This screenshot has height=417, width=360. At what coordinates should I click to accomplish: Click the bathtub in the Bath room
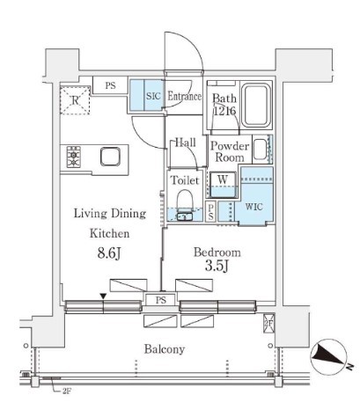[x=257, y=104]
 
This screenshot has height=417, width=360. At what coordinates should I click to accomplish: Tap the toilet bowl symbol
[x=185, y=200]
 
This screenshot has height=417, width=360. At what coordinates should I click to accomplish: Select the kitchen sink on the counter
[x=110, y=157]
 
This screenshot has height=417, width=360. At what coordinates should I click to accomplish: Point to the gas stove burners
[x=74, y=157]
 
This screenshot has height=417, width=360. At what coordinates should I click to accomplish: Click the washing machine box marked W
[x=223, y=184]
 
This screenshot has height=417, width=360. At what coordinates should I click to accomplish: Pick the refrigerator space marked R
[x=75, y=100]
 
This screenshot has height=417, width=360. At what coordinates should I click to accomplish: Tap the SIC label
[x=153, y=96]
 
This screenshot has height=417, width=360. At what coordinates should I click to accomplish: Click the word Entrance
[x=185, y=96]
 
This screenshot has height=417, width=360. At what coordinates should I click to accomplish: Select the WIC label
[x=254, y=207]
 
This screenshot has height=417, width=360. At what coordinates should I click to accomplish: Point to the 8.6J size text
[x=109, y=253]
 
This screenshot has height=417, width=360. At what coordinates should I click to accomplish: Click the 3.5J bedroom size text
[x=217, y=266]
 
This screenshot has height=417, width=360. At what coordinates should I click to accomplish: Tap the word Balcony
[x=165, y=349]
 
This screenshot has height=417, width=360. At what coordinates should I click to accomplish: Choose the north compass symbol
[x=329, y=357]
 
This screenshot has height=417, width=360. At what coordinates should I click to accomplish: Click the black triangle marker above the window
[x=103, y=296]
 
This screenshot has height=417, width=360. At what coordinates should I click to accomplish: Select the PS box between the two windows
[x=161, y=300]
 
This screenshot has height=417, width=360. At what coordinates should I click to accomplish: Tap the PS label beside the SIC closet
[x=110, y=85]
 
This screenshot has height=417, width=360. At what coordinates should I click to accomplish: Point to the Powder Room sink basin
[x=261, y=150]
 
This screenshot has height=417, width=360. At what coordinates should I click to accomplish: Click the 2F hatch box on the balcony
[x=268, y=324]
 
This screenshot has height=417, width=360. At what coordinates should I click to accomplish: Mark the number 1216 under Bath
[x=224, y=111]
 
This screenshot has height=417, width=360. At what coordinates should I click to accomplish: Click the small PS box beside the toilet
[x=210, y=212]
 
